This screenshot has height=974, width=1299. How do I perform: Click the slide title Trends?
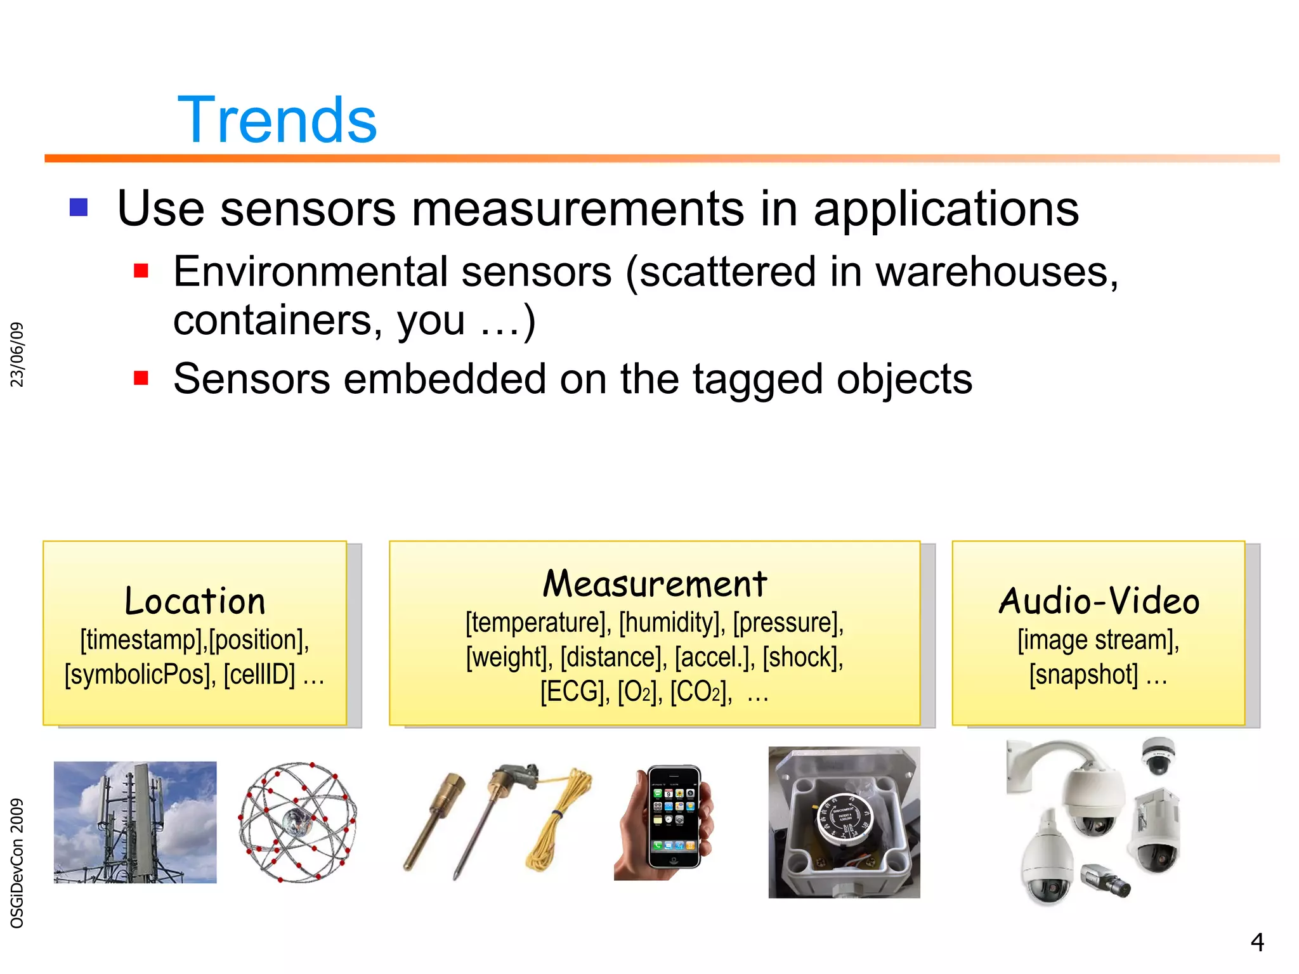pos(277,120)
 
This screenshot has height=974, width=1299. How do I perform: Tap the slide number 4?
pos(1257,942)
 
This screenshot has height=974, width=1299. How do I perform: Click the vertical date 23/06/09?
pos(17,354)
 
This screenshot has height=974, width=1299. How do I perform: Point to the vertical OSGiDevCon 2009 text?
pos(17,863)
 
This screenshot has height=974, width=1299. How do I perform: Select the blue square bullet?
pos(79,207)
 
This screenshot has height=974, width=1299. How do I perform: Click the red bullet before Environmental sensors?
pos(141,271)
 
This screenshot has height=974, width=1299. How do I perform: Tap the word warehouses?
pos(996,272)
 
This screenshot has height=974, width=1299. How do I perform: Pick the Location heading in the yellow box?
pos(195,601)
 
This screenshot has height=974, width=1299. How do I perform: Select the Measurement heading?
pos(655,583)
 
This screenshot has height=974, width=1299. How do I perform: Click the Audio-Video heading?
pos(1099,601)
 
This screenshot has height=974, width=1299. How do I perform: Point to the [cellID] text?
pos(259,674)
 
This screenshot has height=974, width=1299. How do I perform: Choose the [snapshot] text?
pos(1084,674)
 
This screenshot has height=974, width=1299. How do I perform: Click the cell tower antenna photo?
pos(135,822)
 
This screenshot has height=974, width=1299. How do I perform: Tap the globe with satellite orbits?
pos(297,822)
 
